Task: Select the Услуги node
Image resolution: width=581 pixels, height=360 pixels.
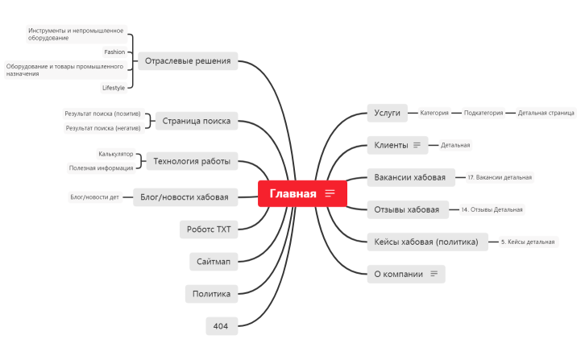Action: point(388,113)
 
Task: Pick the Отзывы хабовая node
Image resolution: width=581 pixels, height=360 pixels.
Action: point(407,209)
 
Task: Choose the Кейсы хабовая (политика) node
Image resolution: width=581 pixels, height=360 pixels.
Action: point(427,242)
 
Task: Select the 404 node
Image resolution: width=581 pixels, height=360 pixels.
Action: point(222,325)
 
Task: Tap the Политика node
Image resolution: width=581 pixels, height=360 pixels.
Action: point(211,293)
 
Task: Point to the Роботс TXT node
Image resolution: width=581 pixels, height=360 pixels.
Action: point(209,230)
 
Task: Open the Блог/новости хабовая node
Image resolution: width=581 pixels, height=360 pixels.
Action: point(185,197)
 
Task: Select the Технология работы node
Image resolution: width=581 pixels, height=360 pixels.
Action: point(191,161)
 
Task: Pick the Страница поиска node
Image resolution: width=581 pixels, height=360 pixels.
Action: point(196,121)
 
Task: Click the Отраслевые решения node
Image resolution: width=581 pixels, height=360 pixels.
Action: point(188,60)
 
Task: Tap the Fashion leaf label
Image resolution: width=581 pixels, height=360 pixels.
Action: point(114,52)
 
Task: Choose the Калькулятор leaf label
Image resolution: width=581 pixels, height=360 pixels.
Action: point(116,154)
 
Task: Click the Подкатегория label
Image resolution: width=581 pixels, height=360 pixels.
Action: point(483,113)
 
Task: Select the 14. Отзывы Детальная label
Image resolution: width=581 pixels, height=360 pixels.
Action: point(492,209)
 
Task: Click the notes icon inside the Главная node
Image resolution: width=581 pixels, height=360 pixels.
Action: point(330,193)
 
